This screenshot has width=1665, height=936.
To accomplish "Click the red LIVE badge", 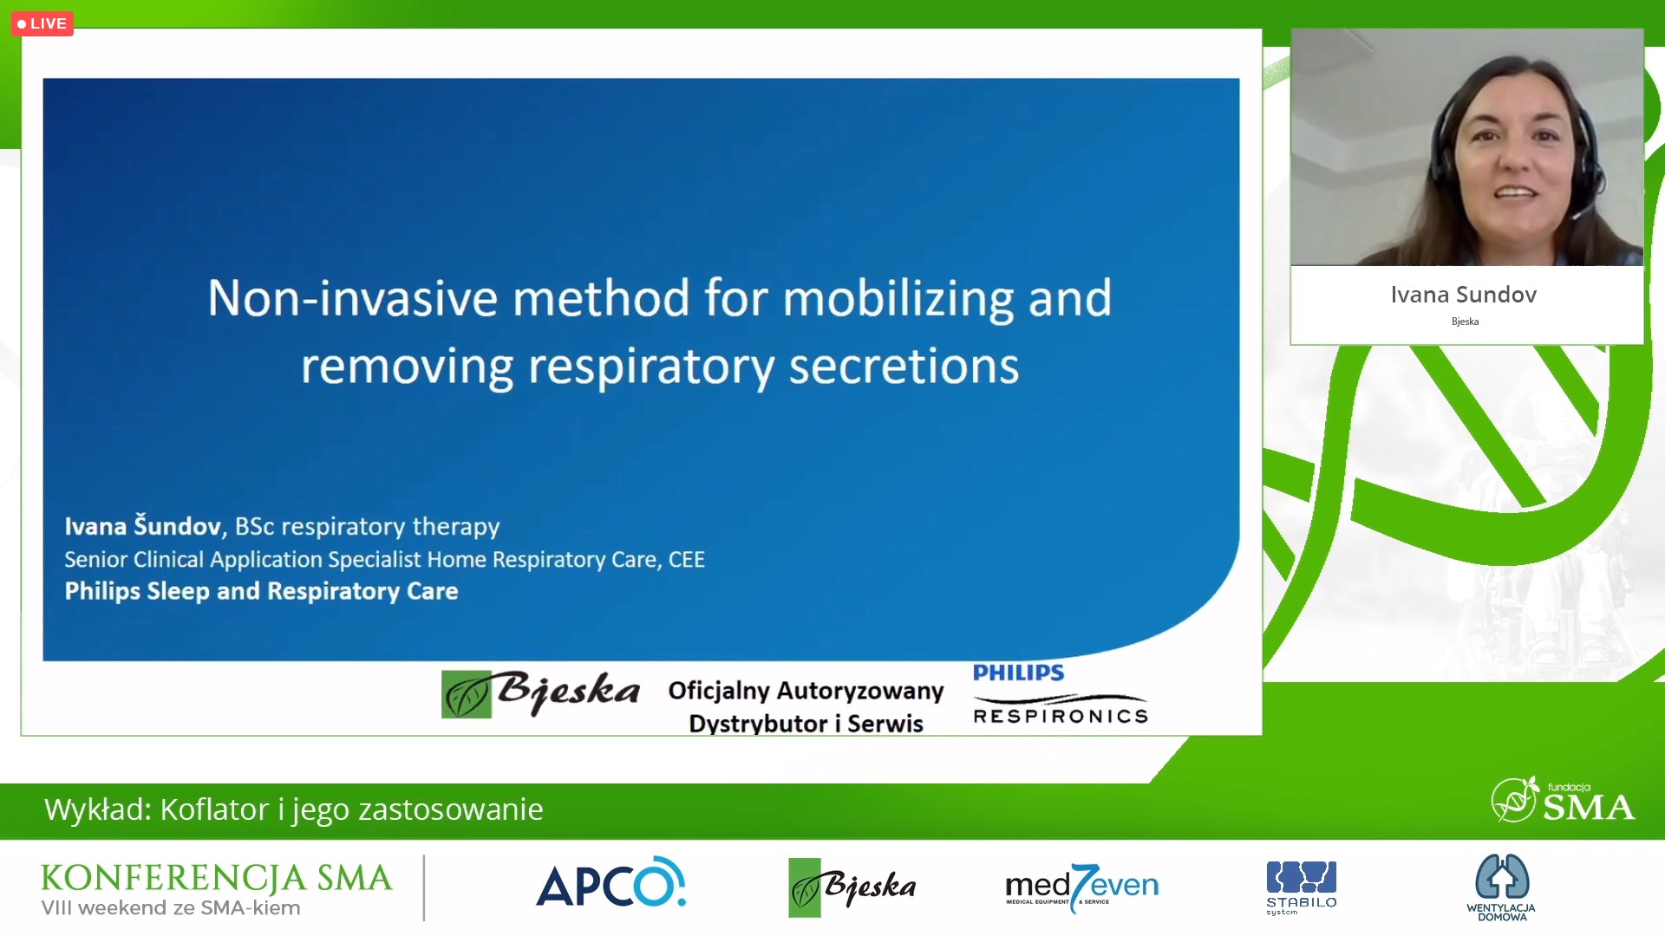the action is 42,23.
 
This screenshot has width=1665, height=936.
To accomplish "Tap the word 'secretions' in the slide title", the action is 904,367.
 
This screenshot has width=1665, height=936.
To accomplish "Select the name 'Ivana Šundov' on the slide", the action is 142,525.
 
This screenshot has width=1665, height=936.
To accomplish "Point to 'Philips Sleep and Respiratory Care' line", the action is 261,591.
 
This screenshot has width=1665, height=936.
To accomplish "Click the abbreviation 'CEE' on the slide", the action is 686,560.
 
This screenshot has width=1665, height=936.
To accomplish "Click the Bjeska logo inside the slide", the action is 540,693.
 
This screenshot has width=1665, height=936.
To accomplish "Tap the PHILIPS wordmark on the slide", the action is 1018,673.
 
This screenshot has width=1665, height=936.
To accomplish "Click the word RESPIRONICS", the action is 1061,716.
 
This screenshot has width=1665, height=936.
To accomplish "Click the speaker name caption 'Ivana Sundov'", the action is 1464,295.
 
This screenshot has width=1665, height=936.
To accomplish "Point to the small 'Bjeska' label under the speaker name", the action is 1465,322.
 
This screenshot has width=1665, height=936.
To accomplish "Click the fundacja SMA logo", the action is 1563,800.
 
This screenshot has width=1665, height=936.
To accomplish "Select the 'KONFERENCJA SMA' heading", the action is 216,878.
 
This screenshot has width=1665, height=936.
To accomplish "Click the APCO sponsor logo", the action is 611,883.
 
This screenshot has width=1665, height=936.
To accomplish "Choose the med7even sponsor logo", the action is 1081,887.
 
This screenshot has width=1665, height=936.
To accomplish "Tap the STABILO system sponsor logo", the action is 1301,887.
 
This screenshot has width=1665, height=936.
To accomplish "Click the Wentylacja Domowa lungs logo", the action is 1502,887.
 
